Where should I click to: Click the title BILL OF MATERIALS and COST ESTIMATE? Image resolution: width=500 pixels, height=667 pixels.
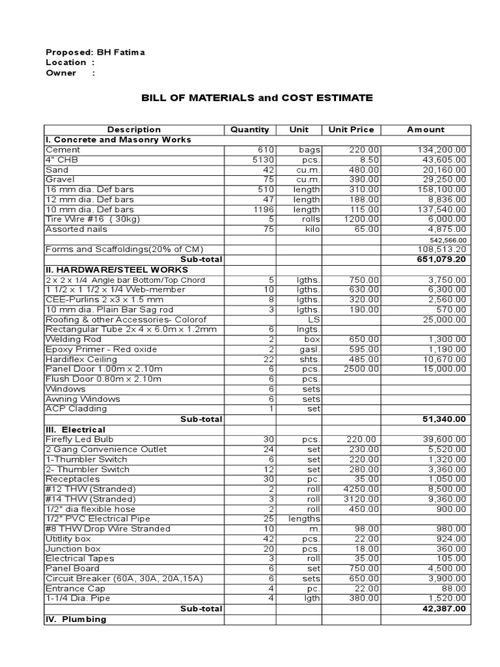pyautogui.click(x=257, y=98)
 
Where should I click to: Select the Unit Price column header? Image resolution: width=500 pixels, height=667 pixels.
pyautogui.click(x=351, y=130)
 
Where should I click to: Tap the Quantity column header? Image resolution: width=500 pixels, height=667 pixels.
pyautogui.click(x=249, y=130)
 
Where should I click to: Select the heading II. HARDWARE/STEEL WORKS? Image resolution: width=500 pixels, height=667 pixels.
pyautogui.click(x=117, y=270)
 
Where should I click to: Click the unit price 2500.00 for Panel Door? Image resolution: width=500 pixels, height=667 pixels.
pyautogui.click(x=361, y=369)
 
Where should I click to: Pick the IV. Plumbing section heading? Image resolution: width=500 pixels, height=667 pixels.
pyautogui.click(x=75, y=619)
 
